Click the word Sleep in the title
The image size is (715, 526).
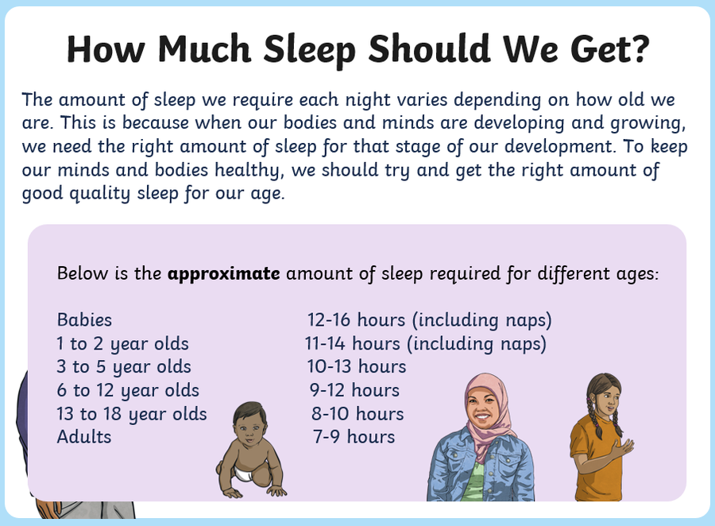309,49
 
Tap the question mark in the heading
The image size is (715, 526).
639,48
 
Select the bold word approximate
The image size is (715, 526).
223,273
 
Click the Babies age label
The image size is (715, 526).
84,319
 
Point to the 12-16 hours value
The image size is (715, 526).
356,319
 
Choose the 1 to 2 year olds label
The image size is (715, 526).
122,344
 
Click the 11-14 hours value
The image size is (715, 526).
352,343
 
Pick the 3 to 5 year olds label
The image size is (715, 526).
124,367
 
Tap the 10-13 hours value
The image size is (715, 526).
356,366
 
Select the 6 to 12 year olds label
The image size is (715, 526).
128,390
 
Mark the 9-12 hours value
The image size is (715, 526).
354,390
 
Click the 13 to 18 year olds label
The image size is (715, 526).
132,414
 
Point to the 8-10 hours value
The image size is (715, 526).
357,414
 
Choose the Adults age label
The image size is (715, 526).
84,437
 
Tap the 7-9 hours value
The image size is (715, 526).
354,437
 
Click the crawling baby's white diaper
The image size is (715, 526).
244,474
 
